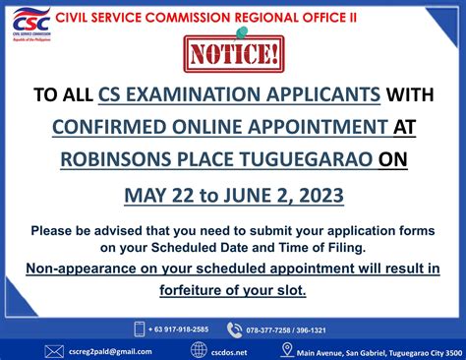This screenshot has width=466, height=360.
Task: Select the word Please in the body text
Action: tap(55, 230)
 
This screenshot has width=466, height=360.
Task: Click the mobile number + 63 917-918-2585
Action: tap(179, 329)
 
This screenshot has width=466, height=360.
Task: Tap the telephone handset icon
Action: tap(234, 329)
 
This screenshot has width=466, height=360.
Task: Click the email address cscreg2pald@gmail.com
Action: tap(110, 350)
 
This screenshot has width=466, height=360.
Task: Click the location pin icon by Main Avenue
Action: tap(287, 350)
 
